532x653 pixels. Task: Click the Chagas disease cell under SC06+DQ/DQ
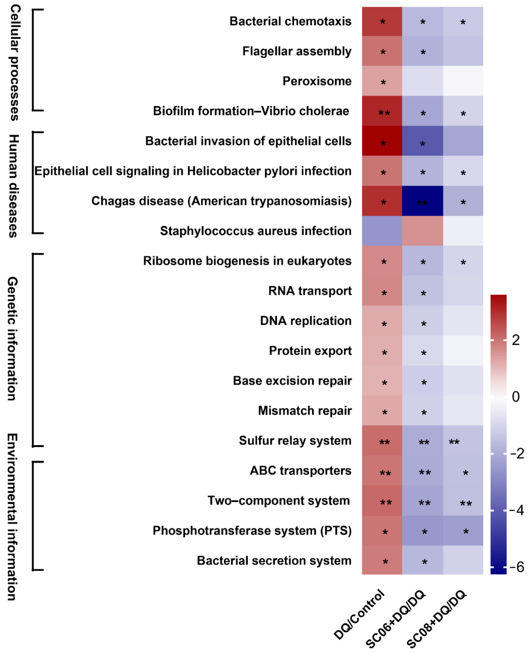422,201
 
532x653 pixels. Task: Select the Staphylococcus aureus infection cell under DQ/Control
382,231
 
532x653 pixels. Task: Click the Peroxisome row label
317,81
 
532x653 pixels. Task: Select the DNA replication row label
306,321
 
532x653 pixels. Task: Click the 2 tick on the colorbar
516,340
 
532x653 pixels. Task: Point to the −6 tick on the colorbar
517,567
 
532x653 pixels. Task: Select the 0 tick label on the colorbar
516,397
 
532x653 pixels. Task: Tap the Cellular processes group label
14,63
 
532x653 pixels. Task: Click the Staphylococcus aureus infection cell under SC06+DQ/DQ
422,231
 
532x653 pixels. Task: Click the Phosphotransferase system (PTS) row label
252,530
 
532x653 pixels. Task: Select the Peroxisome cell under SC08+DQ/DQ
463,81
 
